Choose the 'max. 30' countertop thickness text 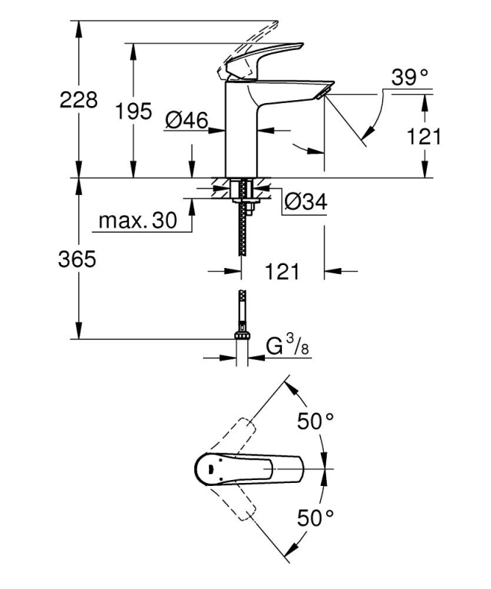click(138, 221)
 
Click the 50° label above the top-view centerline click(315, 422)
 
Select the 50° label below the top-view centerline click(315, 518)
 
